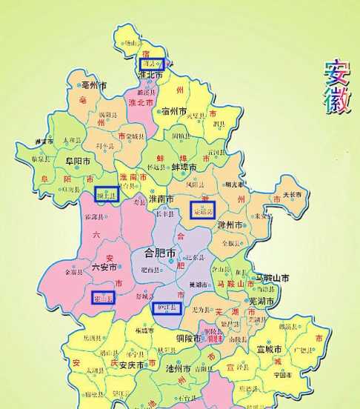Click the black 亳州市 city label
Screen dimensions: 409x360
(x=96, y=85)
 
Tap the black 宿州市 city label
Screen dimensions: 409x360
(x=173, y=112)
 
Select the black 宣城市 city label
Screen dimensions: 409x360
(x=268, y=348)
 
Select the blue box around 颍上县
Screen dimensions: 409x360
(x=107, y=194)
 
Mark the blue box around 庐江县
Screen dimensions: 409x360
(x=167, y=307)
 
